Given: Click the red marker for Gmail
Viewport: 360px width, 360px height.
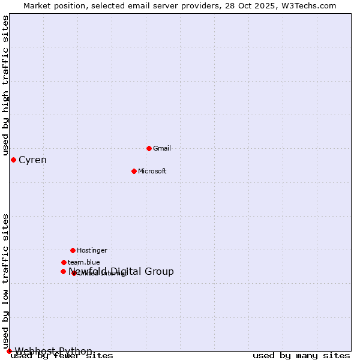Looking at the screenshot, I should click(149, 148).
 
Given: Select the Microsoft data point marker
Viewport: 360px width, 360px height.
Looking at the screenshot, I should click(134, 171).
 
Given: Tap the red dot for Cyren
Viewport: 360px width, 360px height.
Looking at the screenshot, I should click(13, 160).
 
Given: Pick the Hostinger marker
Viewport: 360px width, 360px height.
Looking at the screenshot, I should click(73, 250).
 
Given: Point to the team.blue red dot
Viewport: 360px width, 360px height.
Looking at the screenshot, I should click(64, 262).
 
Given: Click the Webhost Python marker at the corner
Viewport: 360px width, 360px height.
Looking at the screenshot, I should click(9, 351).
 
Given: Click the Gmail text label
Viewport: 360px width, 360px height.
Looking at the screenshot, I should click(162, 148).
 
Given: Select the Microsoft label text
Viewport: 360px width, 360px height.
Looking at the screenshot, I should click(152, 171).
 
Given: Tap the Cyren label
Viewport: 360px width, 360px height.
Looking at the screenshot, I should click(32, 160).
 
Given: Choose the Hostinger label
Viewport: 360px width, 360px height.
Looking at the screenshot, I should click(92, 250).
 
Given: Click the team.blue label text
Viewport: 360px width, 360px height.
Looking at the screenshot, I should click(84, 262).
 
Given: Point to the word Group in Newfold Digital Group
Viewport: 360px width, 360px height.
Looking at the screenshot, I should click(159, 271).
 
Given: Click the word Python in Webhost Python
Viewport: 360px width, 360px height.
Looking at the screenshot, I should click(76, 351).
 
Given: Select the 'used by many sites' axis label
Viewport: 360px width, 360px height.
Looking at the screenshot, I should click(301, 356).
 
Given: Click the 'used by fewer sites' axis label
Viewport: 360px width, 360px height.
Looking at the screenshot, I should click(62, 356).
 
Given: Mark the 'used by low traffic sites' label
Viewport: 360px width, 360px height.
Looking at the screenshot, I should click(6, 281).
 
